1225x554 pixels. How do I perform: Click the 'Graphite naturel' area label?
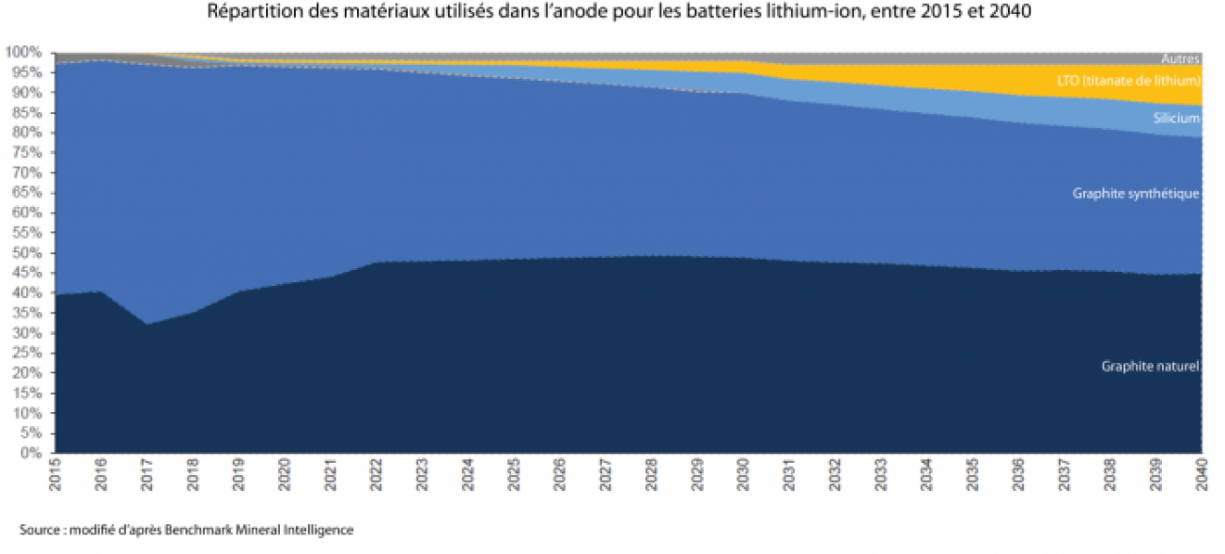(1150, 366)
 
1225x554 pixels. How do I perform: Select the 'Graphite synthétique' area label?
(1136, 194)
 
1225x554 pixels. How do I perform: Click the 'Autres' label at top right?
(1181, 59)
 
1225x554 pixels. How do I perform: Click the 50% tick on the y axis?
(25, 253)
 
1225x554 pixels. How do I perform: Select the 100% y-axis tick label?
(23, 52)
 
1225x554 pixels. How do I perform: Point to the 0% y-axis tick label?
(29, 453)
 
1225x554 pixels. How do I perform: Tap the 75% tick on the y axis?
(25, 152)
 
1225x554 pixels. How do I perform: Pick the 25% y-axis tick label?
(25, 353)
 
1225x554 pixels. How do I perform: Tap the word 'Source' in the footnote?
(39, 530)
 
